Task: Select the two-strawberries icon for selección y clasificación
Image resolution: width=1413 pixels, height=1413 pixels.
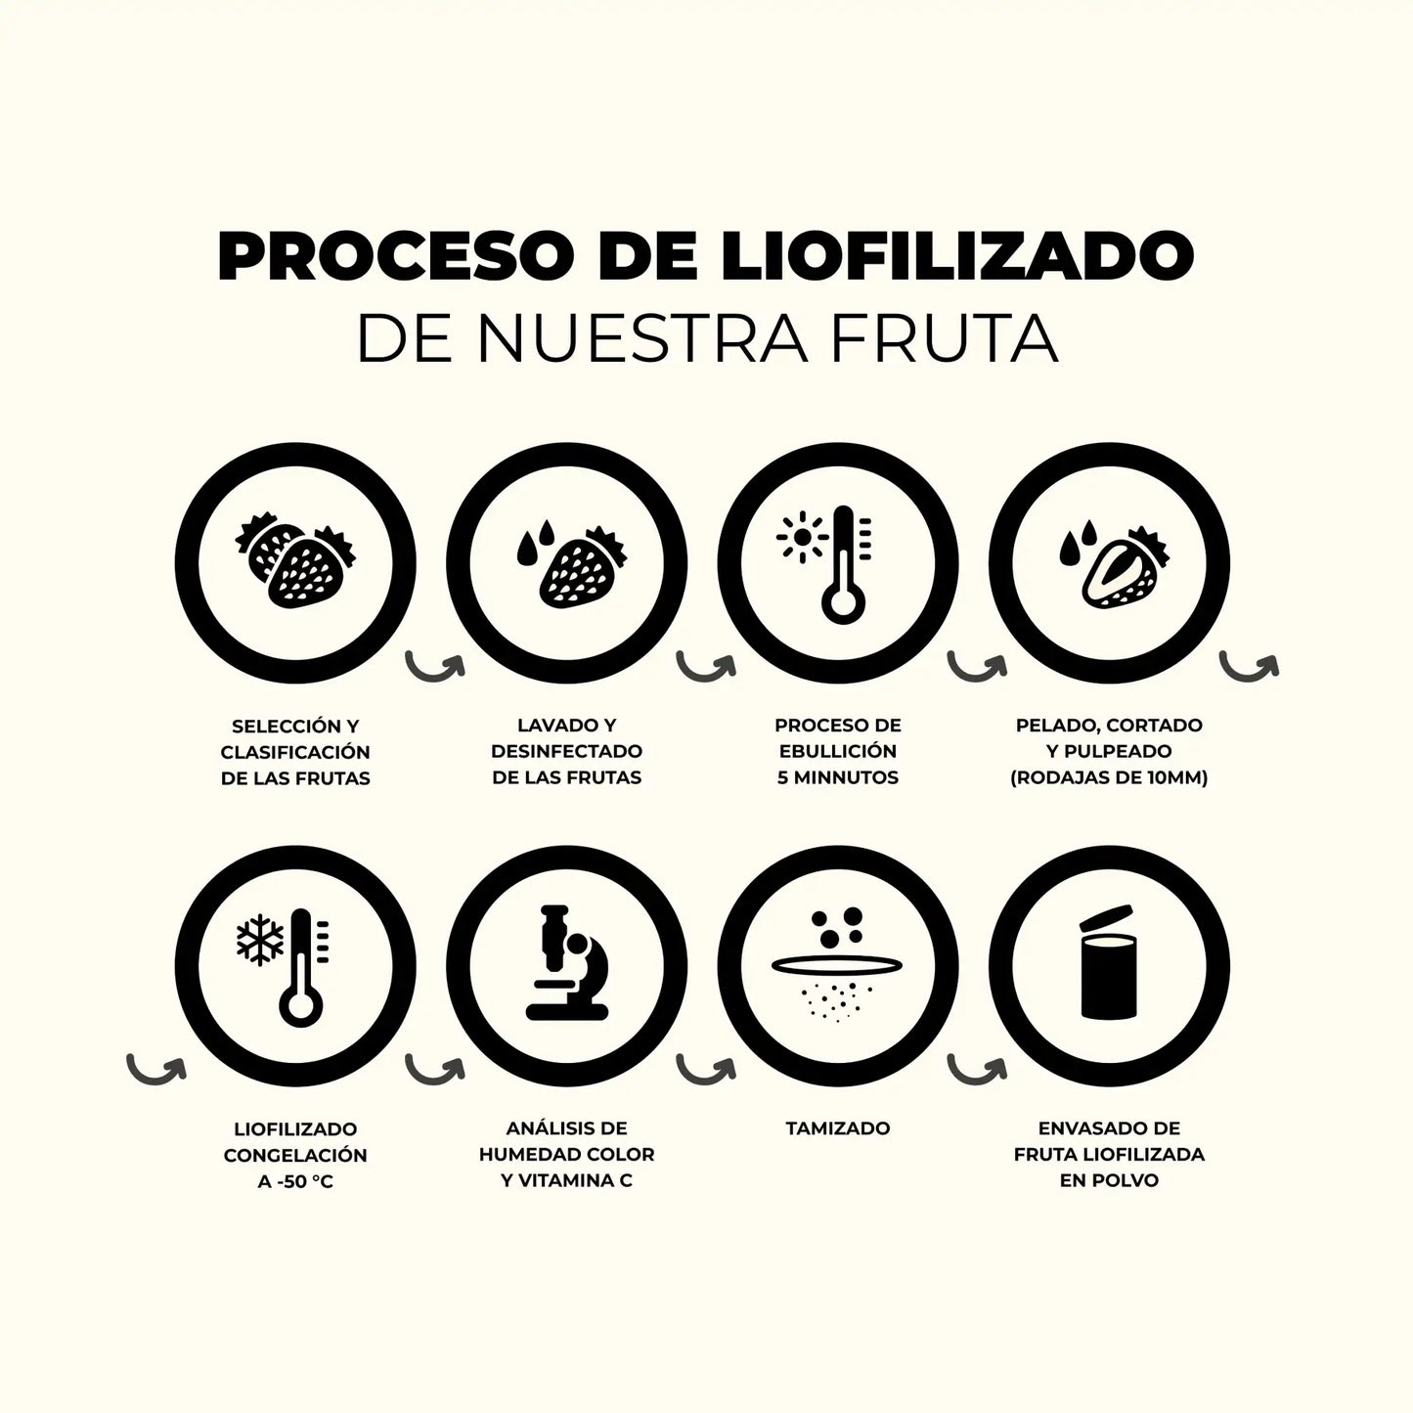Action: coord(295,565)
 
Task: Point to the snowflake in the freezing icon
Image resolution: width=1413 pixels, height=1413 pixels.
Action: coord(260,939)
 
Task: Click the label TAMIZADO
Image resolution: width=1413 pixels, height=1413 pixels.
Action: coord(837,1128)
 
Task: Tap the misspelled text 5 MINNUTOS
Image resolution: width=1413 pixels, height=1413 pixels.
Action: coord(837,778)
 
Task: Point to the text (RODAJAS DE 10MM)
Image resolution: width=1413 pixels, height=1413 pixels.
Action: coord(1109,778)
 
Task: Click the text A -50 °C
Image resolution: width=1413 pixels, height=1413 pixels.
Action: coord(295,1181)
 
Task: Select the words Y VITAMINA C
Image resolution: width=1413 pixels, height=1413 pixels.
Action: coord(566,1180)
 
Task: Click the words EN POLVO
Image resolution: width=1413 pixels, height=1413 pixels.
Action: coord(1109,1180)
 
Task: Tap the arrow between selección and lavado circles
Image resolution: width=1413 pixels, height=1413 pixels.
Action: coord(435,667)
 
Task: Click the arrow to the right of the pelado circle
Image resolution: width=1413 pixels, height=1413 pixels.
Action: coord(1249,667)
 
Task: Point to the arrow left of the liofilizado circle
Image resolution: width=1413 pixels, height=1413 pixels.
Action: coord(156,1069)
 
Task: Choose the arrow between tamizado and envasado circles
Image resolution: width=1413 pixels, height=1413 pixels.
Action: coord(977,1069)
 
